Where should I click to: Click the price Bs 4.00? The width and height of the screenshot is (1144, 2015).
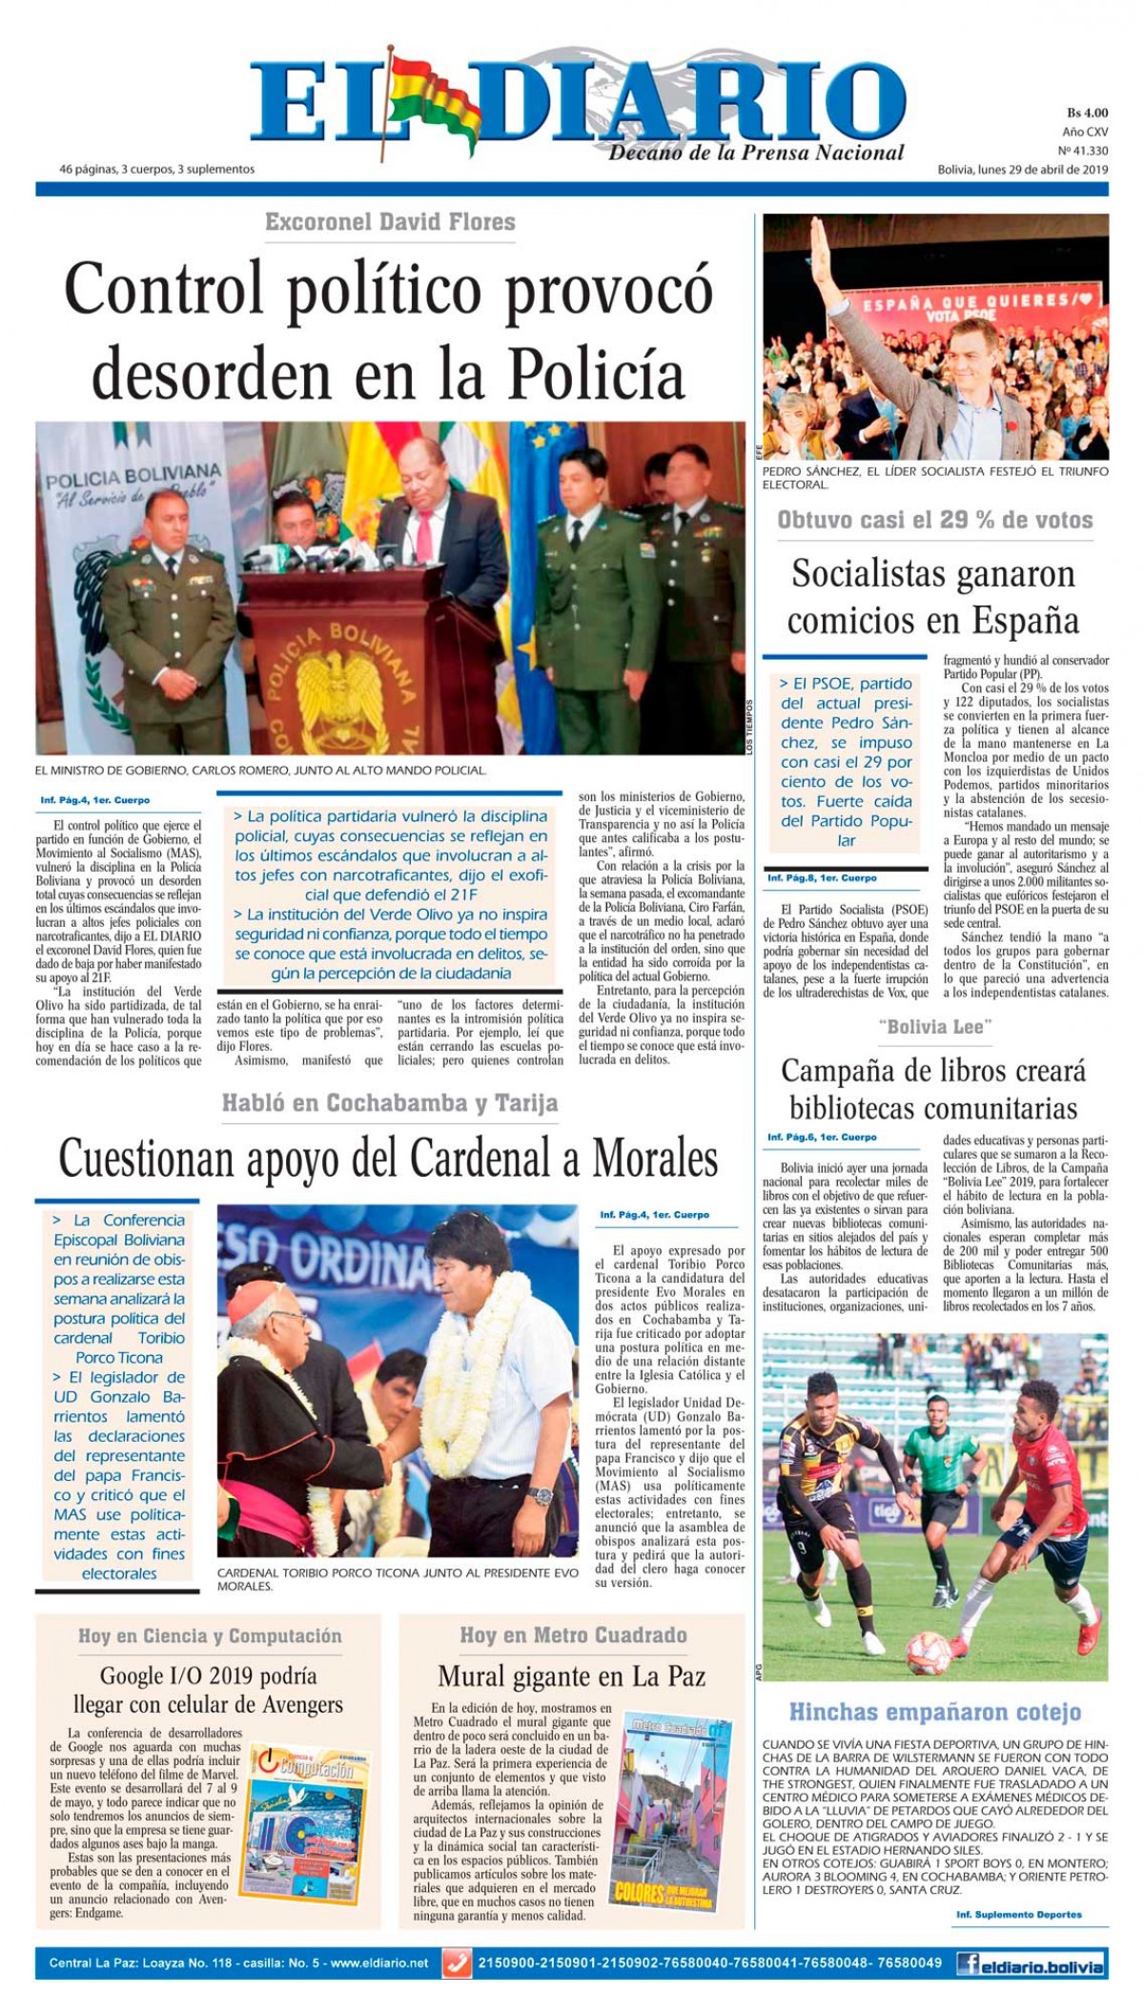point(1086,113)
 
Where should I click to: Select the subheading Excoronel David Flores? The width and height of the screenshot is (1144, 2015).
point(390,222)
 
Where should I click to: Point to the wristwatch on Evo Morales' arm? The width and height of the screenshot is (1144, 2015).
point(541,1494)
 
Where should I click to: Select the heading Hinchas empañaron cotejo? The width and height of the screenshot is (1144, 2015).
point(934,1711)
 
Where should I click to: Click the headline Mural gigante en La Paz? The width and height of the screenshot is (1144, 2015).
point(571,1676)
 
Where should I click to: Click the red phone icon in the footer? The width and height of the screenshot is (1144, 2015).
point(458,1964)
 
